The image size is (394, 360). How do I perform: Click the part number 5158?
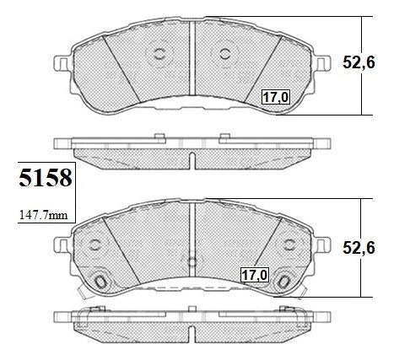pos(46,178)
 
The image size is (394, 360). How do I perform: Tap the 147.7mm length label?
pos(44,215)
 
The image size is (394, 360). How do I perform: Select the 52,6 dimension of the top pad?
pos(359,62)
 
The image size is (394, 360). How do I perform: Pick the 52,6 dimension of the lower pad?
pos(359,248)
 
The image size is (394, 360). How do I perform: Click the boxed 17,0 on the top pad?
pos(276,97)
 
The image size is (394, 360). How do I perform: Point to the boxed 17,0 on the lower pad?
pos(255,275)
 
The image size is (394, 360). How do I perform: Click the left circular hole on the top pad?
pos(159,54)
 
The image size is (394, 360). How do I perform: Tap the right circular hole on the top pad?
pos(225,54)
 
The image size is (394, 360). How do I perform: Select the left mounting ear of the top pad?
pos(62,63)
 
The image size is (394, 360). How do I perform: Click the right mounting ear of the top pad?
pos(323,63)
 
